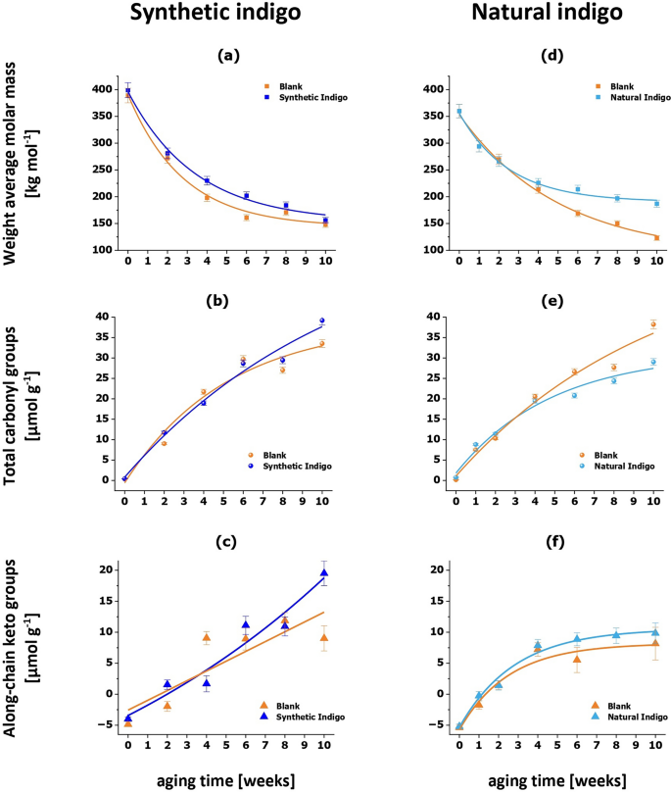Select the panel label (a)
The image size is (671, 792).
pyautogui.click(x=227, y=58)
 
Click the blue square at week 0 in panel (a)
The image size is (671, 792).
pyautogui.click(x=127, y=90)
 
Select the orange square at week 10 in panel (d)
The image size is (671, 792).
pyautogui.click(x=656, y=237)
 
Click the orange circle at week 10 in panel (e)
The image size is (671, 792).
pyautogui.click(x=653, y=324)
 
